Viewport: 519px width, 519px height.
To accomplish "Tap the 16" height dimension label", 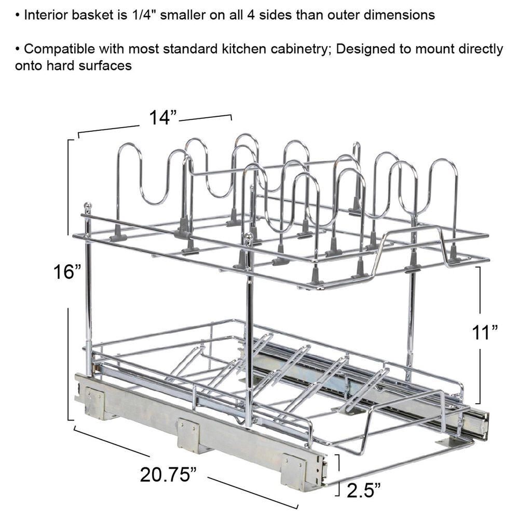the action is tap(67, 272).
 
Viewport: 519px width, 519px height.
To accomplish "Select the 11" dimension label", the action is tap(485, 332).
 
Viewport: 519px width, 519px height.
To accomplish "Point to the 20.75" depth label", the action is tap(169, 474).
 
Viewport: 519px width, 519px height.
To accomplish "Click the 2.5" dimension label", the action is tap(364, 490).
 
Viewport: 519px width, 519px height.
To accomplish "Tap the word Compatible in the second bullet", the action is tap(59, 49).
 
